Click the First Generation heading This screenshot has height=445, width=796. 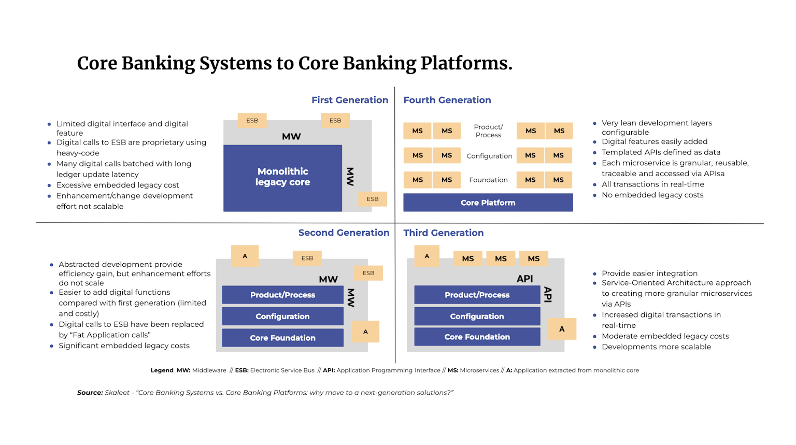[x=349, y=100]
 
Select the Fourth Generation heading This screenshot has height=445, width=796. [x=447, y=100]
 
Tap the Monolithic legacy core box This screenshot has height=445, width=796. [x=282, y=177]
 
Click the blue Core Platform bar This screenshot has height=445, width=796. [x=488, y=203]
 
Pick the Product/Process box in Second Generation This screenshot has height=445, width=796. [x=282, y=295]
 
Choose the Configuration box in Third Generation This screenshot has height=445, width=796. [x=477, y=316]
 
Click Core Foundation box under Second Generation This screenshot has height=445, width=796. [x=282, y=338]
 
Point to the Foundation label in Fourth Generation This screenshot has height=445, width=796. [x=488, y=180]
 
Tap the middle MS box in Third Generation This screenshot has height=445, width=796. [x=501, y=259]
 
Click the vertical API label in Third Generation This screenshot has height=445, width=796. [x=547, y=294]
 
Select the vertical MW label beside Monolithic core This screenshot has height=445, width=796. [x=350, y=177]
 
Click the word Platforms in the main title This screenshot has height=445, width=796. [x=466, y=63]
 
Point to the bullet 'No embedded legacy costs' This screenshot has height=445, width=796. [x=652, y=195]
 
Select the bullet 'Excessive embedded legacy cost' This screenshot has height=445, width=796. [x=118, y=185]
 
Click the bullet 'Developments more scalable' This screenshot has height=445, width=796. [x=656, y=347]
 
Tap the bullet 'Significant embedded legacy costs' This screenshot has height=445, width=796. [x=124, y=346]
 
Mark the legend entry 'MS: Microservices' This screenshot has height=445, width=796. [x=473, y=370]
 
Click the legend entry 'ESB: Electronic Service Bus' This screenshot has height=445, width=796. [x=275, y=370]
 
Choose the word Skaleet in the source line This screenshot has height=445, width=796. [x=117, y=393]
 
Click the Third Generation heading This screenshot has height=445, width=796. [x=443, y=233]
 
